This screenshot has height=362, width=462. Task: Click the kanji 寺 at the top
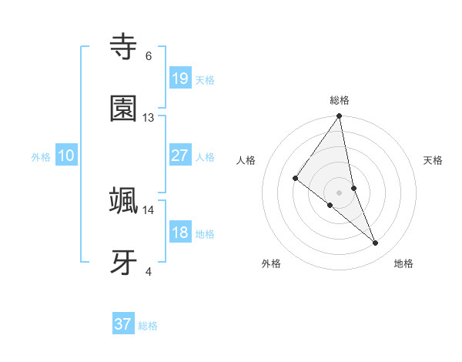[124, 47]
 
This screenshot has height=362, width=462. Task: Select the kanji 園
[124, 109]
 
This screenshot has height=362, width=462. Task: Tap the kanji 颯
[124, 200]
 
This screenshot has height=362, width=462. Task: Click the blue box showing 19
[180, 79]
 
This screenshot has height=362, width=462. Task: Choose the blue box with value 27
[180, 156]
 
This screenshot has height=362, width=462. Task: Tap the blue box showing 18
[180, 233]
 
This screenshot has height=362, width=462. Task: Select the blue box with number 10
[66, 156]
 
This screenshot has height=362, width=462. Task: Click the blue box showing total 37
[123, 324]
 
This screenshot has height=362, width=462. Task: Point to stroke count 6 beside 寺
[149, 56]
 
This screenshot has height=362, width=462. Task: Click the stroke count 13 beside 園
[149, 118]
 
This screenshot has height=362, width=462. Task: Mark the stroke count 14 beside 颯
[149, 209]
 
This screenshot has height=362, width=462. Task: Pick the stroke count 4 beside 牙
[149, 271]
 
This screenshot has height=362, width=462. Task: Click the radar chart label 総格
[340, 100]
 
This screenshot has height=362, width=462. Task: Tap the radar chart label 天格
[433, 160]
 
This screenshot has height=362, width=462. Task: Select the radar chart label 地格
[403, 264]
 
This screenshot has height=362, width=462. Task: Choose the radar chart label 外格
[271, 264]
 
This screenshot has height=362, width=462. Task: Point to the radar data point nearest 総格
[340, 117]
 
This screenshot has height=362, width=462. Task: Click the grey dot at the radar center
[340, 192]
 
